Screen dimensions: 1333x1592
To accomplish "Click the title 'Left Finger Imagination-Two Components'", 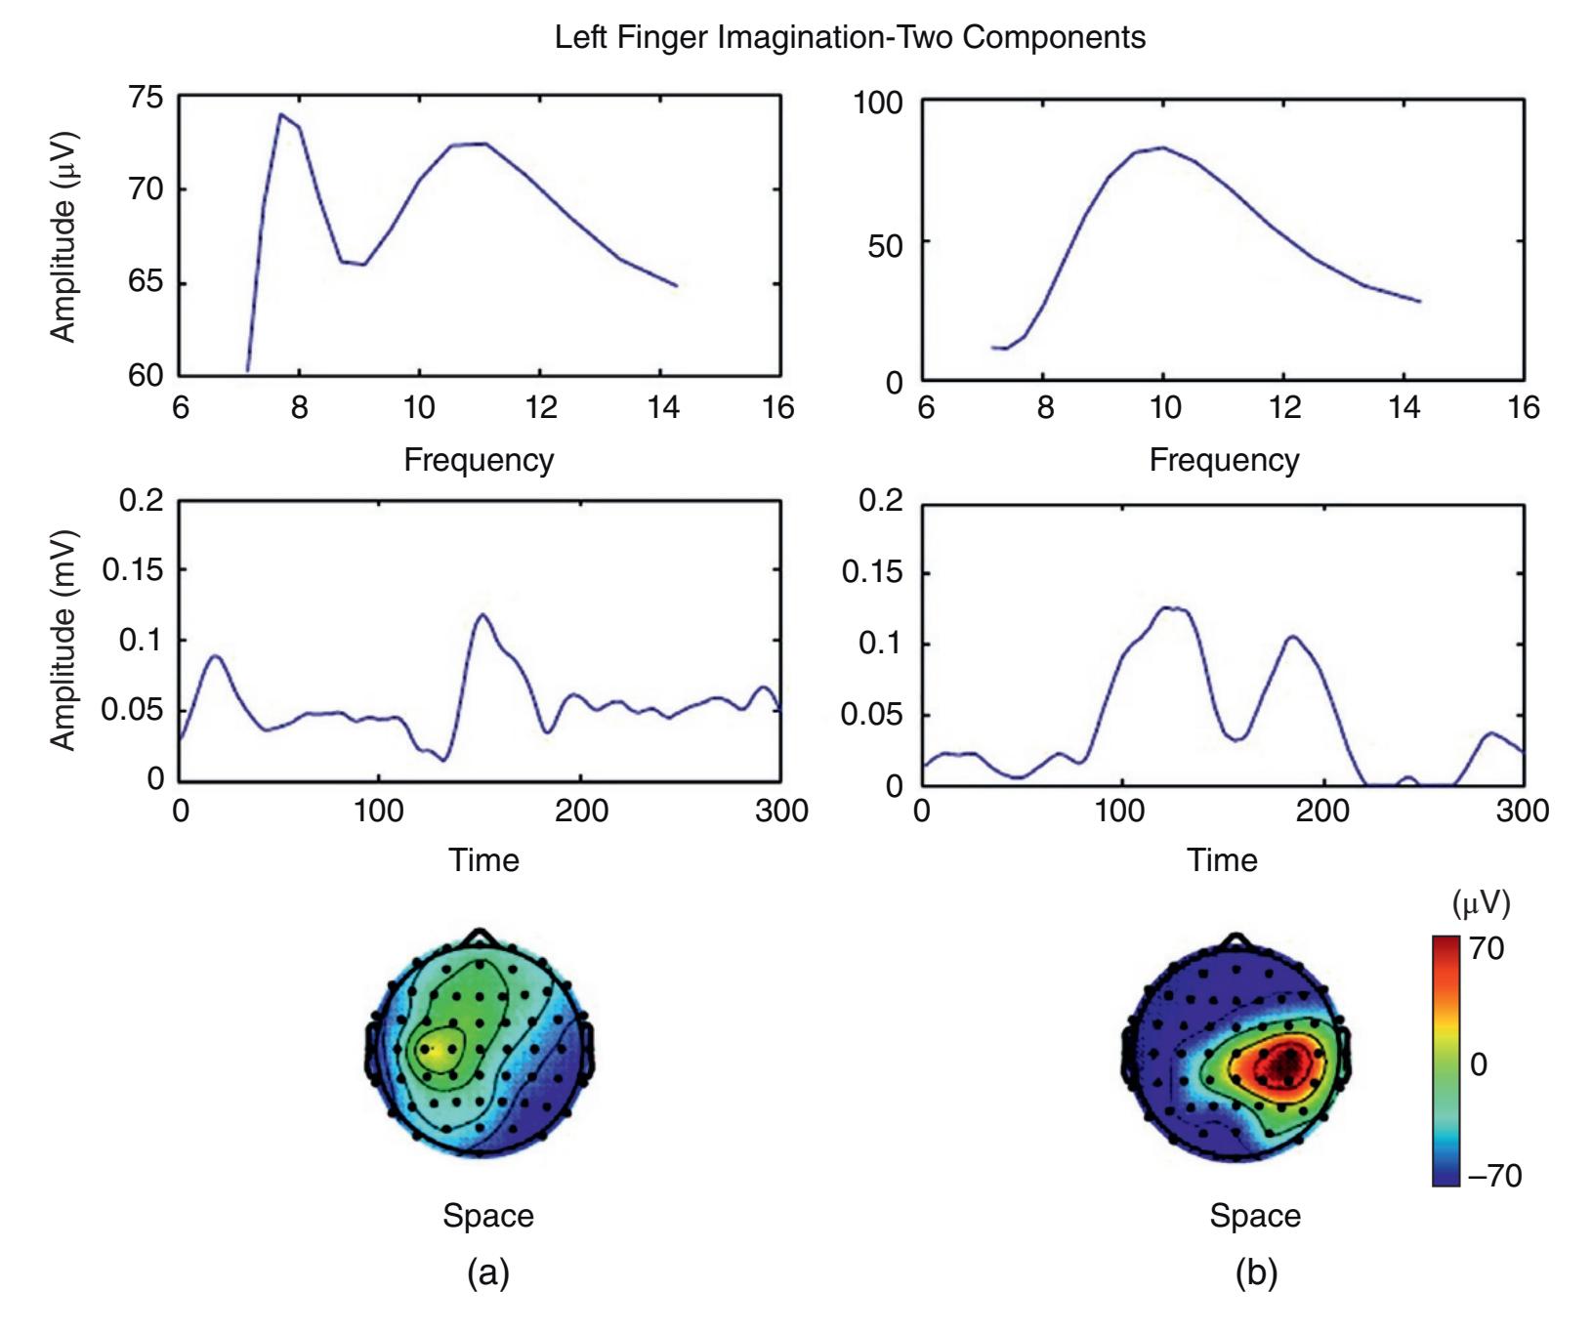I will pos(850,38).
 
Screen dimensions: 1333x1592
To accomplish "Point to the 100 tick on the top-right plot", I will pos(878,103).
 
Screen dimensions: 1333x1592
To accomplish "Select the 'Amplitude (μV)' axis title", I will pos(63,236).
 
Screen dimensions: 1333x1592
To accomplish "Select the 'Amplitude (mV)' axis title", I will pos(63,640).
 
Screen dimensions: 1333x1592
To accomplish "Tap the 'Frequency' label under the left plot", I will pos(479,460).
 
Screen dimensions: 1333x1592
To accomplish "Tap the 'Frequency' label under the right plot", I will pos(1224,460).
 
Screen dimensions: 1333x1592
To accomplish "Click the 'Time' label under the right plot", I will pos(1222,860).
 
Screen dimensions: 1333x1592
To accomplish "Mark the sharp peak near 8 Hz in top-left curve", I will pos(281,115).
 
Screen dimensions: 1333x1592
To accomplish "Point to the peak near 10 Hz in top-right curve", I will pos(1162,148).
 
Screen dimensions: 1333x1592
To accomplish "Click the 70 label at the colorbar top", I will pos(1487,948).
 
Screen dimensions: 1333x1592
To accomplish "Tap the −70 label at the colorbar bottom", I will pos(1494,1175).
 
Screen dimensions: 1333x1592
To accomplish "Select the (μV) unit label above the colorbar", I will pos(1481,904).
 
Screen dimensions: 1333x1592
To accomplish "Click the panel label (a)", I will pos(488,1272).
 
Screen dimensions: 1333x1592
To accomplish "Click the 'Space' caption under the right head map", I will pos(1255,1216).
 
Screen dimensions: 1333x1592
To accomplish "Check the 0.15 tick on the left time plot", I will pos(133,570).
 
